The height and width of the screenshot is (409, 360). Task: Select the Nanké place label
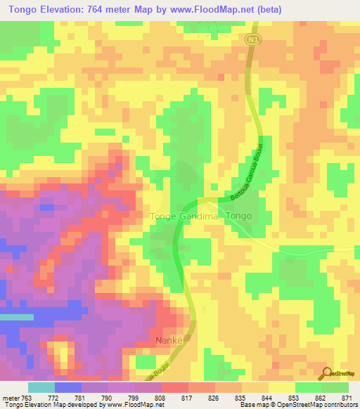click(169, 340)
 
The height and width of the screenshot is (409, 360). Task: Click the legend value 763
click(29, 398)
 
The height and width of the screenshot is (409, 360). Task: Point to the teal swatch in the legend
click(41, 387)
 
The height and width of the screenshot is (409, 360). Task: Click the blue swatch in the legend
click(68, 387)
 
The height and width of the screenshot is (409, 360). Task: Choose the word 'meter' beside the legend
click(11, 398)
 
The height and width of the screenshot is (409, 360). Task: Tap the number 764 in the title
click(105, 11)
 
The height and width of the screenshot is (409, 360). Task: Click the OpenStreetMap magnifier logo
click(325, 373)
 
